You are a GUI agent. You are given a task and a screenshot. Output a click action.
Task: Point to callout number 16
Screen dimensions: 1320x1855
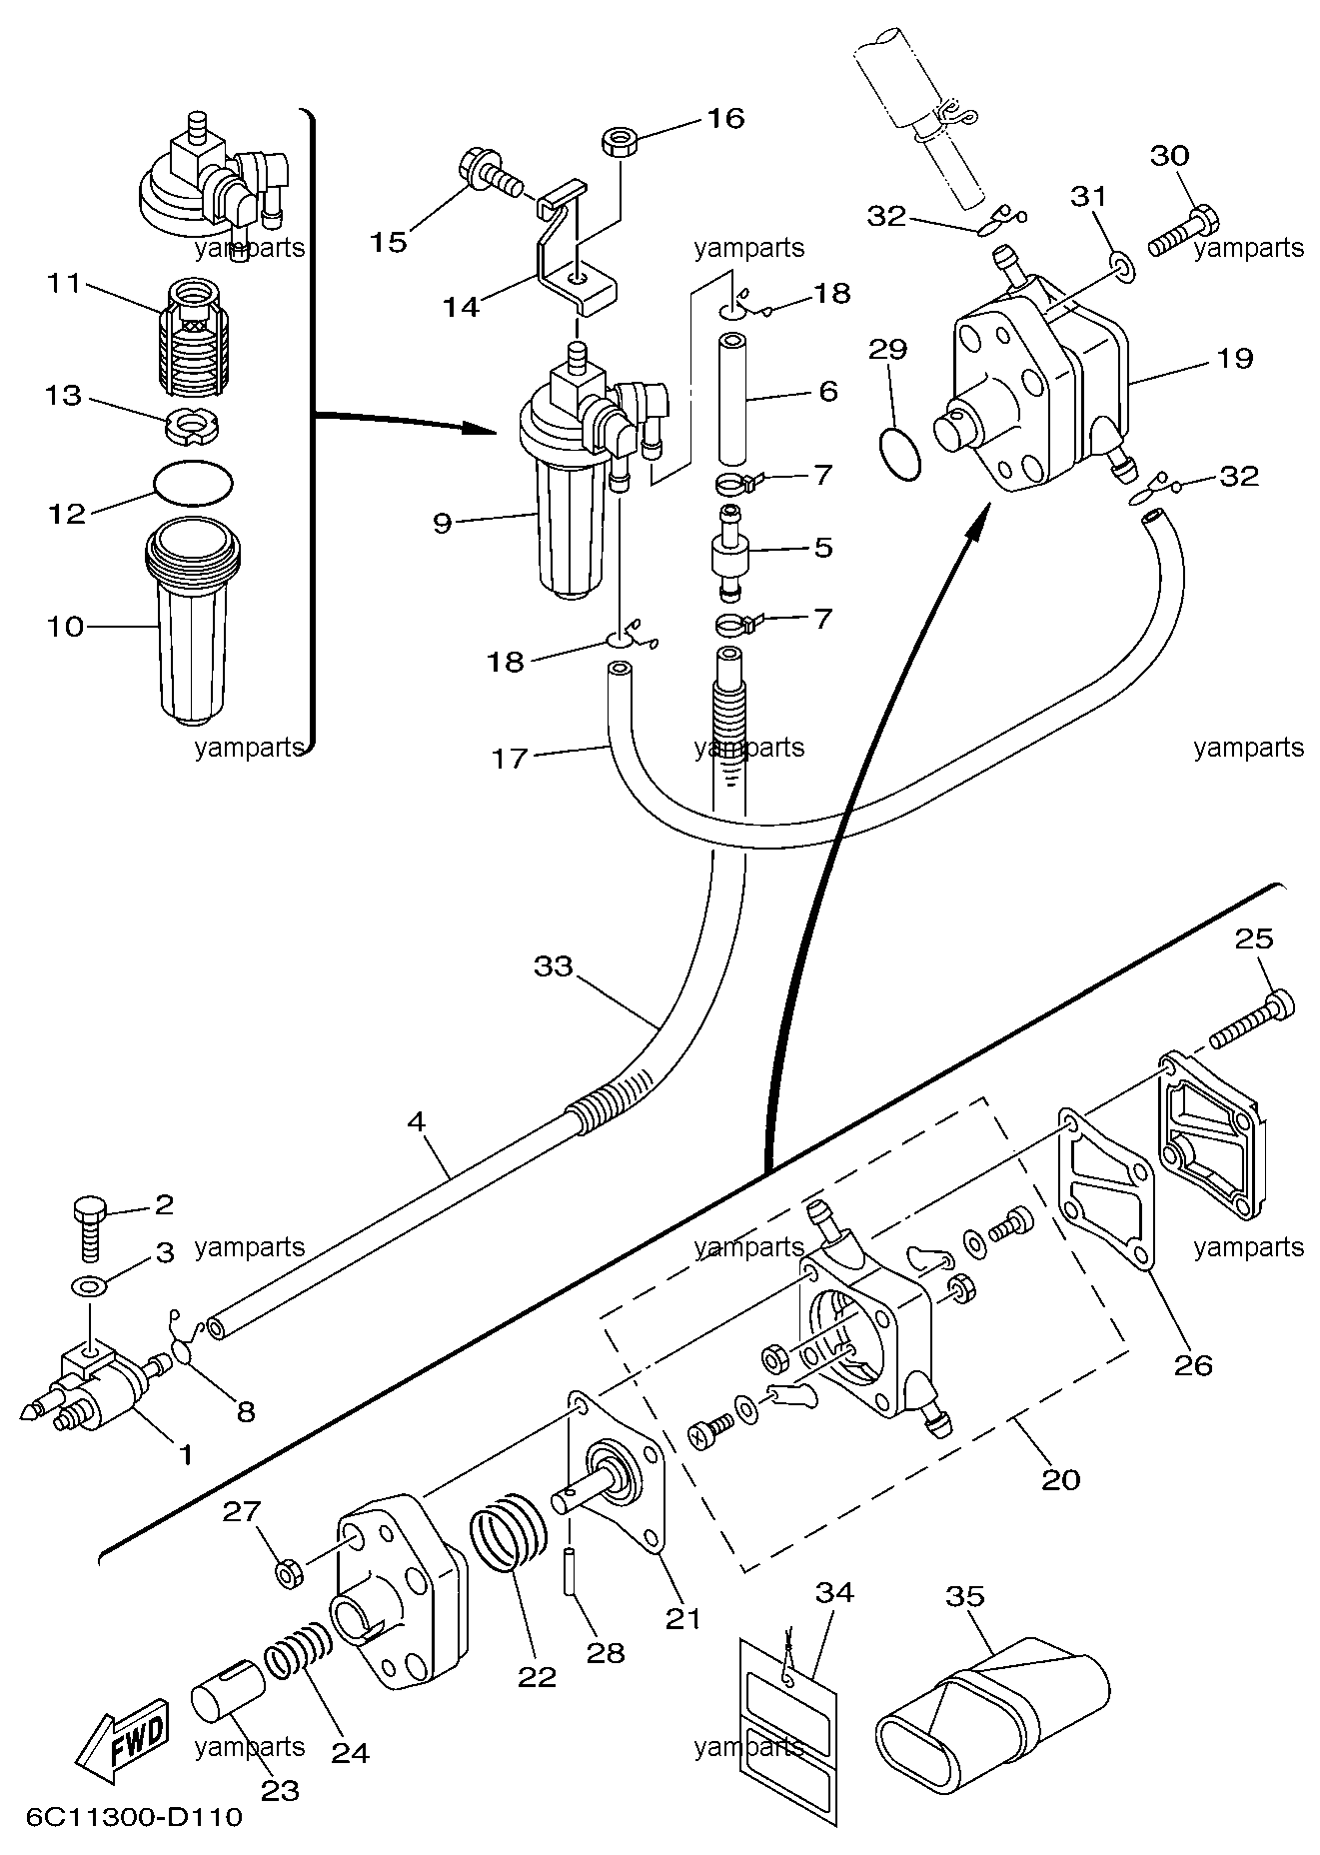click(725, 118)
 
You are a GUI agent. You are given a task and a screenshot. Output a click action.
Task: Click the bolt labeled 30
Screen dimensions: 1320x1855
click(1182, 229)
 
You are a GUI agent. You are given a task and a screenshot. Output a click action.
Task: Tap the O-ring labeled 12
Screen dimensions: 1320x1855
click(195, 482)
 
